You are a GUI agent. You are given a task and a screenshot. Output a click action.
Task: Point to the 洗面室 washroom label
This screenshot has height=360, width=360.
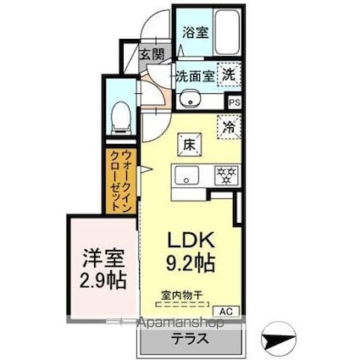pyautogui.click(x=194, y=75)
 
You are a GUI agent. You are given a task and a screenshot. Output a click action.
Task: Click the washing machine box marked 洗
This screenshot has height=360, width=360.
pyautogui.click(x=230, y=75)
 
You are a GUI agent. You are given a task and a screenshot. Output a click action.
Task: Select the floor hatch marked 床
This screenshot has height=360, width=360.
pyautogui.click(x=188, y=145)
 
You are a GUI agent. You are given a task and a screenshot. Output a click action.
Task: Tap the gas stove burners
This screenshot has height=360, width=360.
pyautogui.click(x=225, y=177)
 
